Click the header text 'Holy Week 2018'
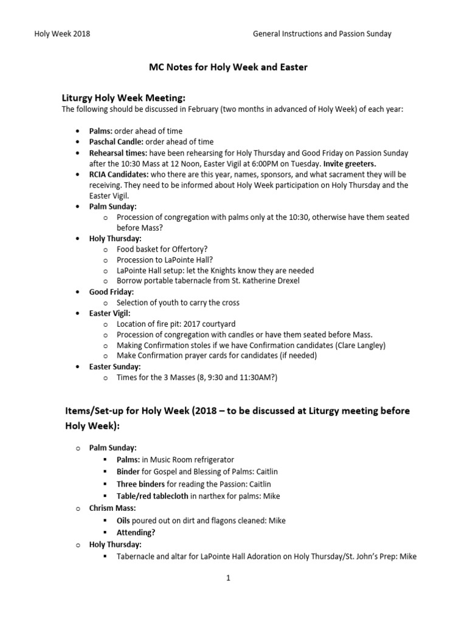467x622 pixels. (62, 34)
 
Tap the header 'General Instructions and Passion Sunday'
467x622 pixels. (322, 34)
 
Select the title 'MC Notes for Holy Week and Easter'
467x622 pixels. (229, 67)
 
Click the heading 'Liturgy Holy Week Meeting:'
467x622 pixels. (124, 98)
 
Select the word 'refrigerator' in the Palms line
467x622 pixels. (211, 459)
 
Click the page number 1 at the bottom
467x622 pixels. (229, 578)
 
